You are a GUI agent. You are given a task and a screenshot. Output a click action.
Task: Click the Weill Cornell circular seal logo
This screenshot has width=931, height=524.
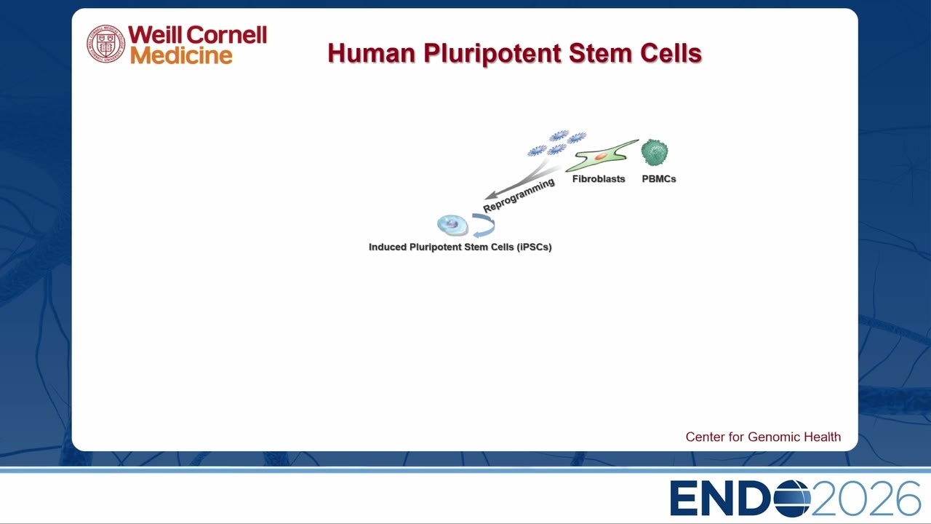[105, 44]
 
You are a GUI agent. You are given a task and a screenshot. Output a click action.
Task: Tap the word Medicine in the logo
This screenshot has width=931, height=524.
[181, 55]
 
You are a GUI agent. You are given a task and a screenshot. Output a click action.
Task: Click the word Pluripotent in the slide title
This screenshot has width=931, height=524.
[492, 54]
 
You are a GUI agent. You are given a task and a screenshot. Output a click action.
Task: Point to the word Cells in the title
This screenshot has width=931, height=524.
[671, 53]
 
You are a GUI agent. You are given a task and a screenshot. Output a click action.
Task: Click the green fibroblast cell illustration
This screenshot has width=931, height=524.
[602, 156]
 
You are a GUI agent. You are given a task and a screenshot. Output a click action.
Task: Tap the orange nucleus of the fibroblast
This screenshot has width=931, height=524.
[601, 156]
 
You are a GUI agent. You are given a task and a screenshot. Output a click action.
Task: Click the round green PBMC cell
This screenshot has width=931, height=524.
[655, 153]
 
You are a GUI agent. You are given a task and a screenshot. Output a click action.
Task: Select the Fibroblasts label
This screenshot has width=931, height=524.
[599, 179]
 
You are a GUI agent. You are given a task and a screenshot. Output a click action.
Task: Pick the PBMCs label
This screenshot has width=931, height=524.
[659, 179]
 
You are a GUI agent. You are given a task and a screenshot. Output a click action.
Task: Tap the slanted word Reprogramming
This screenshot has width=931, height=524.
[519, 195]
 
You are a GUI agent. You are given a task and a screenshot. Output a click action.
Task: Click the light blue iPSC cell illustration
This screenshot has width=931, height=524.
[452, 225]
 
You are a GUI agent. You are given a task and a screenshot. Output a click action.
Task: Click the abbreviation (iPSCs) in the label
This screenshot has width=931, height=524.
[534, 247]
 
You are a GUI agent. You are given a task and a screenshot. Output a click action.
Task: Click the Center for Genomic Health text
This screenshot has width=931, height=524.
[763, 437]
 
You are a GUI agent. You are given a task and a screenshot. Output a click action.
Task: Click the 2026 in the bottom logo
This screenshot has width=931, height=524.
[866, 499]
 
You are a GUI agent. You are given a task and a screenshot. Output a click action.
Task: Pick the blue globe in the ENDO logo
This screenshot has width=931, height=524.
[792, 499]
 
